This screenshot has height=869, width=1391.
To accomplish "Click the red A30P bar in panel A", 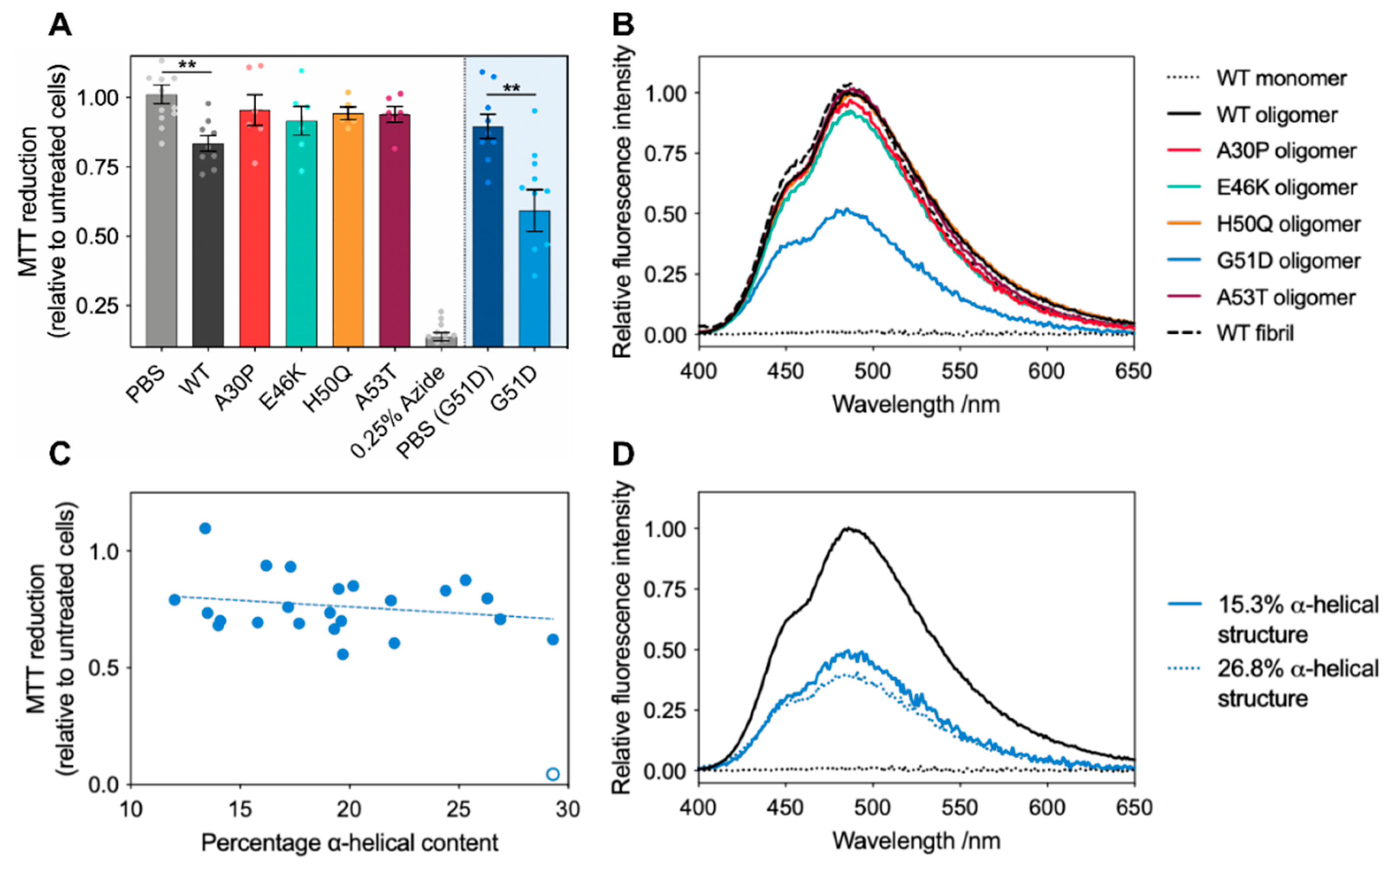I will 255,230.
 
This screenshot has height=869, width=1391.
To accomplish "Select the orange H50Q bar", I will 348,230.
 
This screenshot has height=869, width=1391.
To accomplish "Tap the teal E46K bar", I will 301,235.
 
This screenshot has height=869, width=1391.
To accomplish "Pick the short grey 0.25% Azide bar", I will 441,340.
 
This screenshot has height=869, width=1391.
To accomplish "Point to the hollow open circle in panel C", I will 552,774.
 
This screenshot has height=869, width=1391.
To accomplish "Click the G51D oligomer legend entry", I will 1288,261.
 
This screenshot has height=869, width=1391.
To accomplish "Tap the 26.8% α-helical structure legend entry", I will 1297,683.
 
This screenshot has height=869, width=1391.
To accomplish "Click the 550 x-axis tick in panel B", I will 960,371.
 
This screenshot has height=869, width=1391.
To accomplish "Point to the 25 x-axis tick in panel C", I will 458,809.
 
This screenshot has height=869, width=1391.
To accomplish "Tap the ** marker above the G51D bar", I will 512,89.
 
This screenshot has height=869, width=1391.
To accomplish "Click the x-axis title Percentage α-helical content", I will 349,843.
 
